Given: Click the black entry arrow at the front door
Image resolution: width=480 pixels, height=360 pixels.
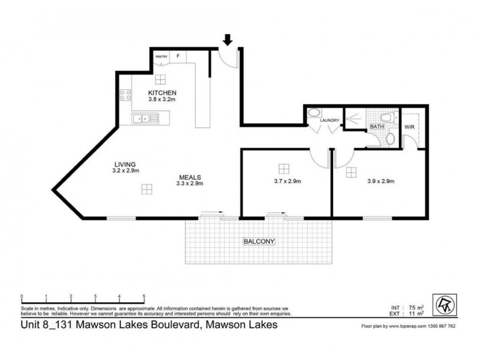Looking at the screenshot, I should pyautogui.click(x=228, y=40).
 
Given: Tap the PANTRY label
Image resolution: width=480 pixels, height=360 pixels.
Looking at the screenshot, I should pyautogui.click(x=161, y=57).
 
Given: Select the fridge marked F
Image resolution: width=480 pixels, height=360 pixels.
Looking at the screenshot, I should pyautogui.click(x=178, y=56).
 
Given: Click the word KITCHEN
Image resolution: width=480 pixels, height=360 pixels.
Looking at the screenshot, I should pyautogui.click(x=162, y=93).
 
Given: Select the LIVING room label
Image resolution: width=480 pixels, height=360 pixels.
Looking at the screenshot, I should pyautogui.click(x=126, y=164).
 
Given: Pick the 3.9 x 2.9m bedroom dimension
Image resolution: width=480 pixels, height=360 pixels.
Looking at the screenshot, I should pyautogui.click(x=380, y=181).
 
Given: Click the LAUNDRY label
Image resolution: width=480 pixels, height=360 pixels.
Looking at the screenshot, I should pyautogui.click(x=330, y=121).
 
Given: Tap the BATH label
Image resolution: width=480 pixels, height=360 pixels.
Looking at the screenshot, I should pyautogui.click(x=377, y=127).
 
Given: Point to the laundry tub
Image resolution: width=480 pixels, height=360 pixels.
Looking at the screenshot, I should pyautogui.click(x=313, y=114).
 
